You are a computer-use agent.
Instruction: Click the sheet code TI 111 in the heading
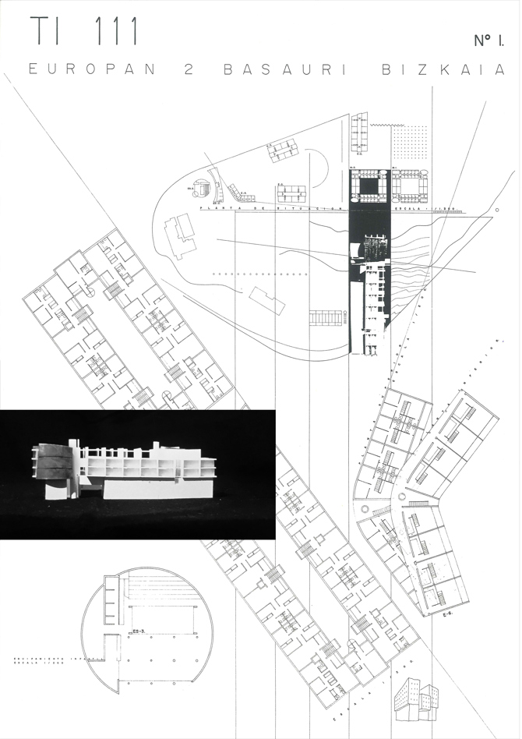click(x=84, y=31)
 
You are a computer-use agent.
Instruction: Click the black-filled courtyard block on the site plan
click(x=368, y=184)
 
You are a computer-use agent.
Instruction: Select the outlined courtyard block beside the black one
click(x=410, y=183)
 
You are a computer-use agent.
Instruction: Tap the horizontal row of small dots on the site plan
click(x=257, y=274)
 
